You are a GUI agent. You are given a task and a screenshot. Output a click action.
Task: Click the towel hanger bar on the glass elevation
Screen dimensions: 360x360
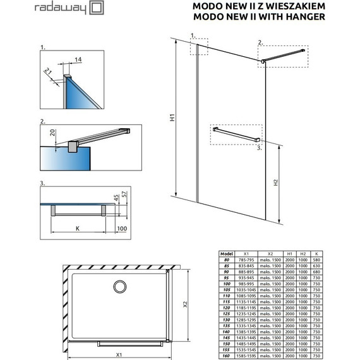point(236,135)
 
